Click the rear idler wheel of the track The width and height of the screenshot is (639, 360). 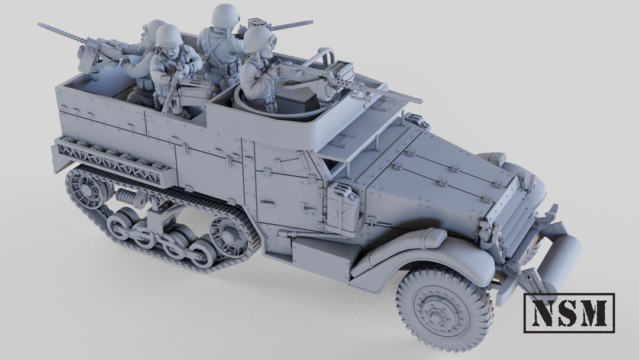86,189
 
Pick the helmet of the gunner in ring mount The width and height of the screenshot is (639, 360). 257,39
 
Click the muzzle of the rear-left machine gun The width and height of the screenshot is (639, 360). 41,25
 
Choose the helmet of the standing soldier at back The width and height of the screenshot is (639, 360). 225,15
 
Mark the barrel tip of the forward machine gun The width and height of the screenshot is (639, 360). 418,101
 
